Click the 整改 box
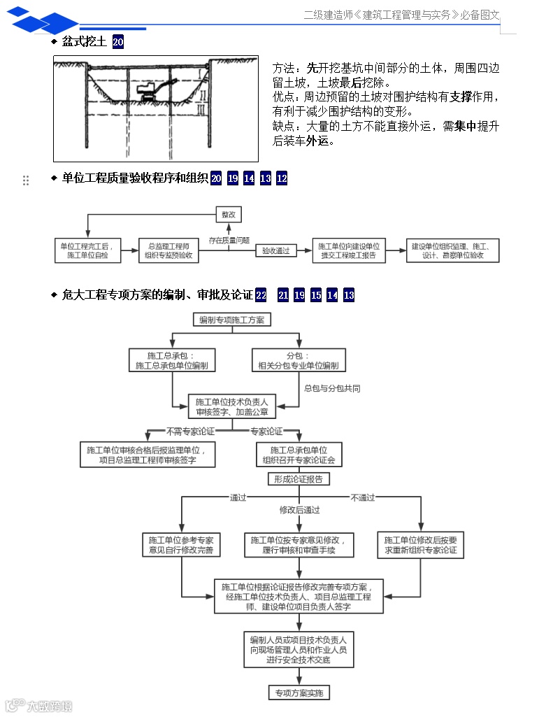229,215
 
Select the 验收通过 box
275,250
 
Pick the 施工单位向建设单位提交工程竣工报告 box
348,251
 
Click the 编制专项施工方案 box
232,320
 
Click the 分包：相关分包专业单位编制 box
298,360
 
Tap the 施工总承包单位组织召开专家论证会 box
299,455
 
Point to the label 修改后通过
299,510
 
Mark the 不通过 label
363,497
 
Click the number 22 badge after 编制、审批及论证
261,295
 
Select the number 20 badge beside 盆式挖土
118,42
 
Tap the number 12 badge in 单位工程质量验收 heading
282,178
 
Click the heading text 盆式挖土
84,42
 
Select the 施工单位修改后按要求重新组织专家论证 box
421,546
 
